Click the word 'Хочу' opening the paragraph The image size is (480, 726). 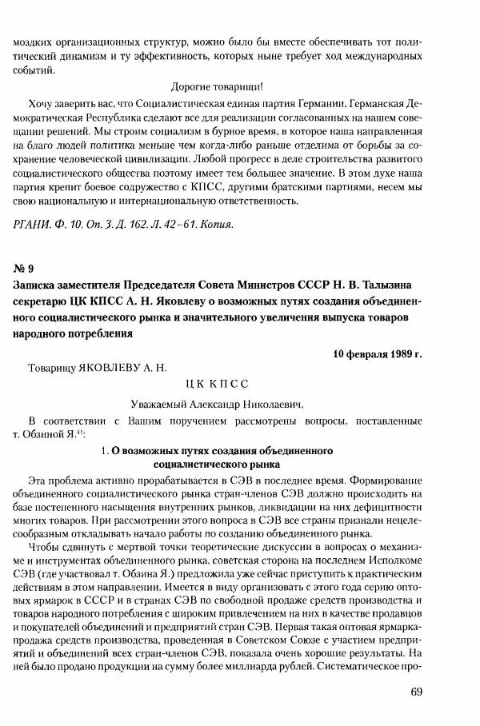click(41, 104)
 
